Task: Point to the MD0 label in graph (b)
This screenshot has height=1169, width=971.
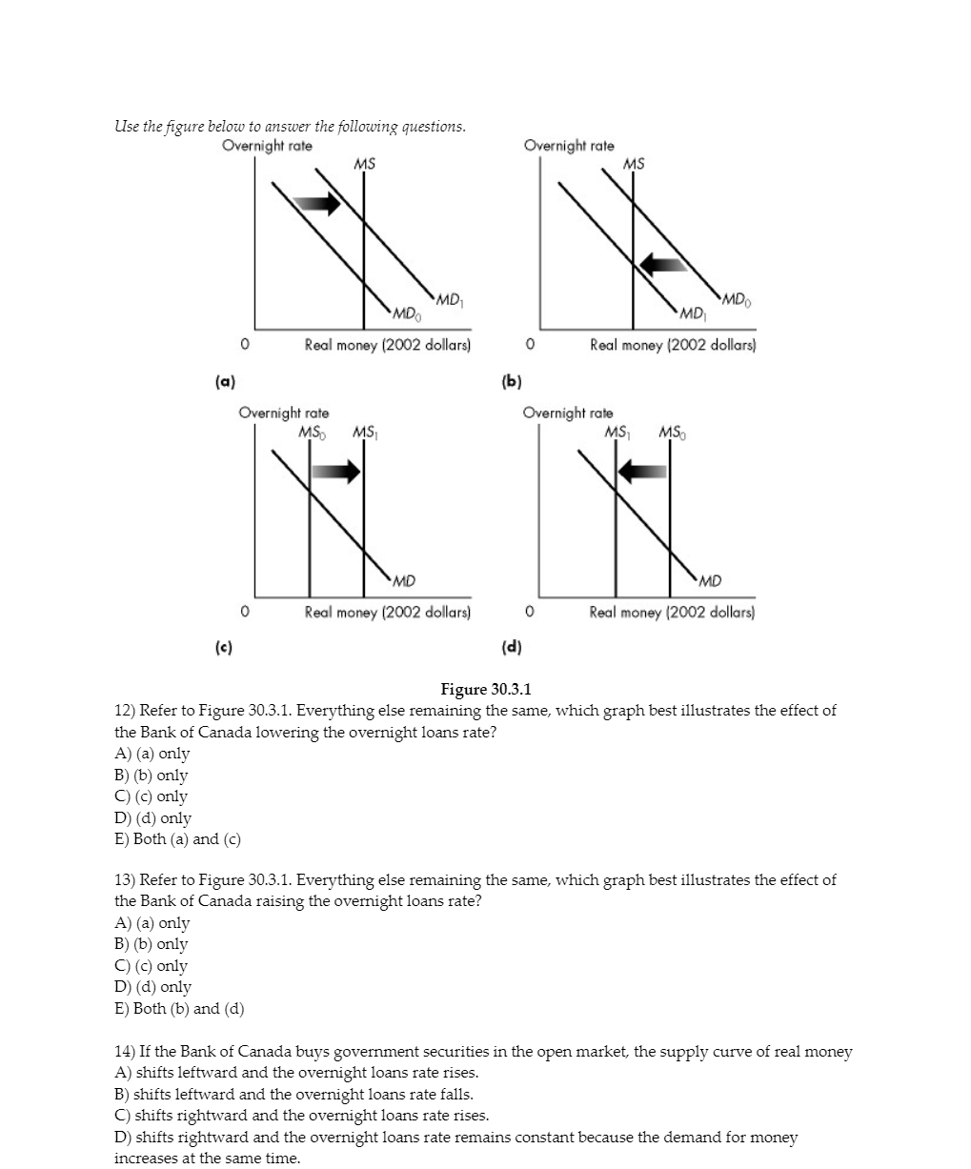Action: (738, 301)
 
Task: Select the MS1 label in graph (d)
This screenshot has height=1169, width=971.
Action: (618, 433)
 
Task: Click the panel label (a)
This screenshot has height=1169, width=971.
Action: (225, 380)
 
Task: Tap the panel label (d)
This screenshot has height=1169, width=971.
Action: (512, 647)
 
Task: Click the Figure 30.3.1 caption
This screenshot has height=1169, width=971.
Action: (486, 689)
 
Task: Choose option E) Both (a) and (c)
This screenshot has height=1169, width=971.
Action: (178, 839)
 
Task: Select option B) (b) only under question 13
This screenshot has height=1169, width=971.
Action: (152, 944)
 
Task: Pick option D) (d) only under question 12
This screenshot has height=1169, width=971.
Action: (153, 817)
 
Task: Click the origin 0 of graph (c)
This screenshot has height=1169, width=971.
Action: (245, 611)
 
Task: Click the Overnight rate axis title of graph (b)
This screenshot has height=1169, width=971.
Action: (569, 146)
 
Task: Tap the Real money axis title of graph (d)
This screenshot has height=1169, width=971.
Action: (672, 612)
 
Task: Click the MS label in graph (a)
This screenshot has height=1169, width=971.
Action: (364, 164)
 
